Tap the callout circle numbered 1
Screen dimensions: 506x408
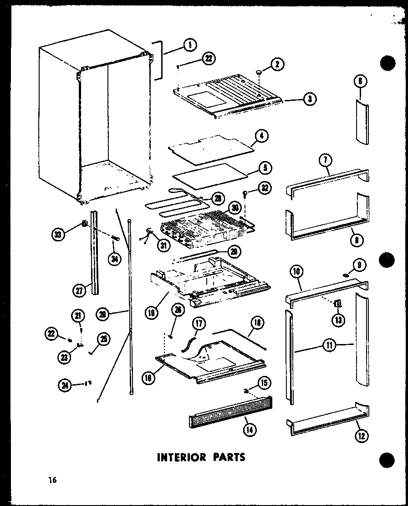(189, 45)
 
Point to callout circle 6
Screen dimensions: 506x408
(360, 82)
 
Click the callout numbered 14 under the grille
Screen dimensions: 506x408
(250, 429)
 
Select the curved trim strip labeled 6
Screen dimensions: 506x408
(361, 123)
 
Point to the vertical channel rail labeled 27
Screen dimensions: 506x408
(94, 251)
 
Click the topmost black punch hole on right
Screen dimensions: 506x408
(387, 63)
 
